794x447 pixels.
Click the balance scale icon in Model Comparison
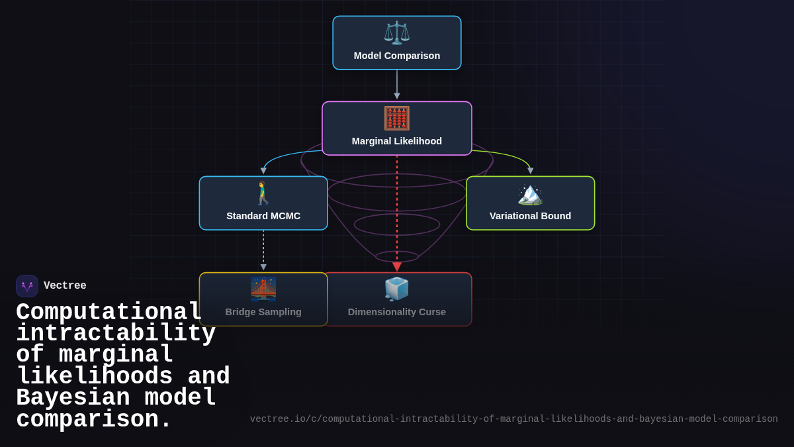tap(396, 32)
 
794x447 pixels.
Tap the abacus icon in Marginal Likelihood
tap(396, 118)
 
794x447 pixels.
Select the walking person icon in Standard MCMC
tap(263, 193)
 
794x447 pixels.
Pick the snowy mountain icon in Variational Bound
tap(530, 195)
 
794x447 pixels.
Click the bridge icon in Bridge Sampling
tap(263, 289)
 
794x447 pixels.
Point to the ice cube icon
tap(396, 289)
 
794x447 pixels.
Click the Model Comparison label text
tap(396, 56)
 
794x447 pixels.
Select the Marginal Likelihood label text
tap(396, 141)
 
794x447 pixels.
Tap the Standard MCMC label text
tap(263, 216)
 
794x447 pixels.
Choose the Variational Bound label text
tap(530, 216)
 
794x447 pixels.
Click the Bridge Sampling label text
tap(263, 312)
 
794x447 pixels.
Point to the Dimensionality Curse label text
tap(396, 312)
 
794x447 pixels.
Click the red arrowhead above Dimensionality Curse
tap(397, 267)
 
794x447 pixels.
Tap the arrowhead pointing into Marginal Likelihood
tap(397, 96)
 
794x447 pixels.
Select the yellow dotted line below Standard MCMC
tap(263, 247)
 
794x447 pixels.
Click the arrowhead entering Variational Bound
tap(530, 171)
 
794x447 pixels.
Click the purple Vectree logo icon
tap(27, 286)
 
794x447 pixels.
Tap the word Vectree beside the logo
tap(65, 285)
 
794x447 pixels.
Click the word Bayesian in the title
tap(73, 397)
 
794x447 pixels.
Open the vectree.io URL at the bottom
tap(513, 419)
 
